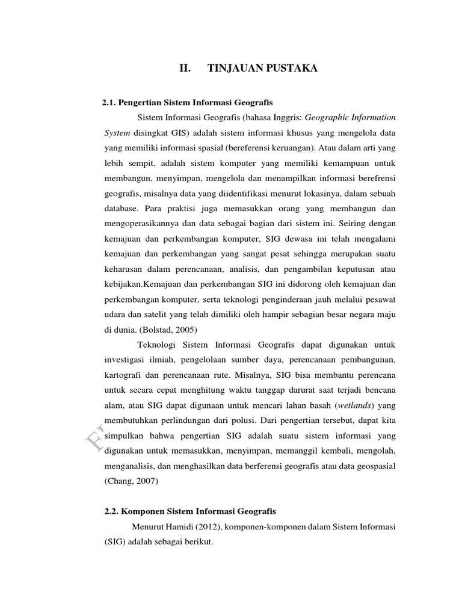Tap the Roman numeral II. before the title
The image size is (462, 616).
[185, 69]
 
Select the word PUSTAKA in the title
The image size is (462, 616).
[291, 69]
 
